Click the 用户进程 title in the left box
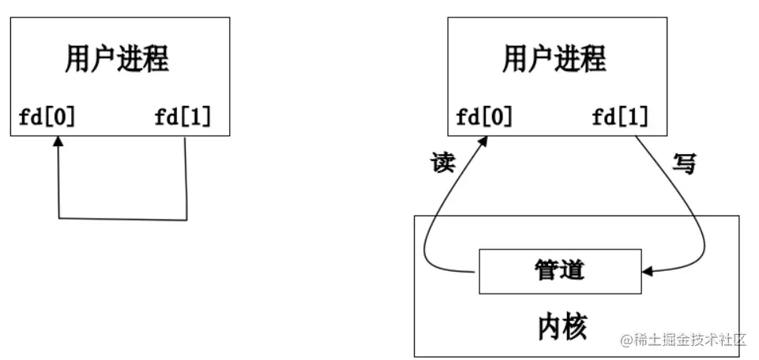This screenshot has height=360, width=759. (117, 60)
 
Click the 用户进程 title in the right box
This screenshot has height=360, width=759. (554, 60)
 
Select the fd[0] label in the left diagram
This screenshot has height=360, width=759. (47, 118)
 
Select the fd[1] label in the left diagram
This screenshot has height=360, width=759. (183, 118)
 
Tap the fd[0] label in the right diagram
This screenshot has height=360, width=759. (484, 118)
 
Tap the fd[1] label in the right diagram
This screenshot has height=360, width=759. (621, 118)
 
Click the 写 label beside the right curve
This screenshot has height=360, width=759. (684, 163)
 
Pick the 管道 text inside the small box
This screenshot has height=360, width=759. (558, 270)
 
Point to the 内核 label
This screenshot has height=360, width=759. (563, 324)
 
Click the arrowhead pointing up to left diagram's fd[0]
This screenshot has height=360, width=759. (58, 142)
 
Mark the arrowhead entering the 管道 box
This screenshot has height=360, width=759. (648, 272)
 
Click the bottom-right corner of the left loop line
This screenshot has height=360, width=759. (187, 219)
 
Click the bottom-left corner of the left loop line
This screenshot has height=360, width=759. (58, 217)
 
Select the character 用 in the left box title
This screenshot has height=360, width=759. (77, 60)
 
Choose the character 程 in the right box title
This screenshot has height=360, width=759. (594, 60)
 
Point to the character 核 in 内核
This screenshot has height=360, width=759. (577, 324)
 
